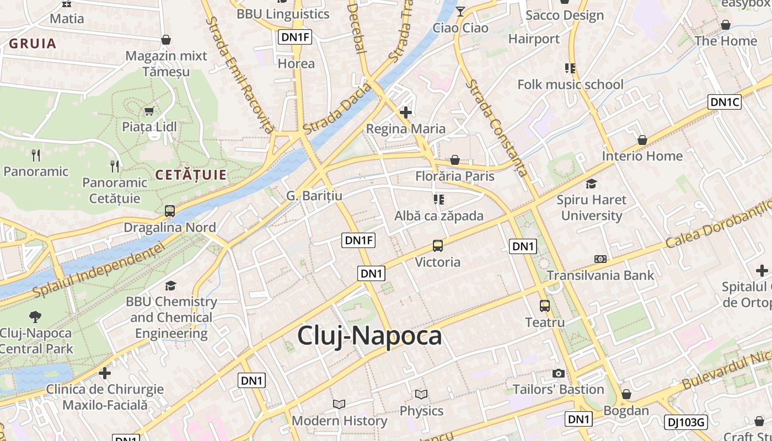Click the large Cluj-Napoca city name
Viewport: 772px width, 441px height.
tap(369, 336)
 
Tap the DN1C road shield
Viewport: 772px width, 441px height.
tap(724, 102)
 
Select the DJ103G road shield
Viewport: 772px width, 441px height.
tap(685, 422)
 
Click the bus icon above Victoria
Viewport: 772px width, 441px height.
tap(438, 246)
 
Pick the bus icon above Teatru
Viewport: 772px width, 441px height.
tap(545, 305)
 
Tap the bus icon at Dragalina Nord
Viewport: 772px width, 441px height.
tap(170, 211)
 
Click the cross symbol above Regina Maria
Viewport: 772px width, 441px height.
tap(406, 112)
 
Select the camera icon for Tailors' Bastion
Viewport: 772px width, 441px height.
tap(559, 373)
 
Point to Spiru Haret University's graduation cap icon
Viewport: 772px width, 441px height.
tap(591, 184)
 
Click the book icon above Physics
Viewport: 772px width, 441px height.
tap(421, 394)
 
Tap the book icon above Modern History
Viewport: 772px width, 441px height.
tap(339, 404)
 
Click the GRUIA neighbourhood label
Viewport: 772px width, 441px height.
tap(33, 44)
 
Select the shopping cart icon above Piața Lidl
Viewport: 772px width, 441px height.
tap(149, 111)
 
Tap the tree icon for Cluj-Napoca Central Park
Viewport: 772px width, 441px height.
tap(35, 316)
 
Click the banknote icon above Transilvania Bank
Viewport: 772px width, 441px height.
tap(600, 259)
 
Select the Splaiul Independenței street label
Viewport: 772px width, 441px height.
tap(99, 270)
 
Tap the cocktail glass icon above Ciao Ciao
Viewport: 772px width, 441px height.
tap(460, 11)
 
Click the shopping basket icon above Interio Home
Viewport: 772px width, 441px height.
tap(642, 140)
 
